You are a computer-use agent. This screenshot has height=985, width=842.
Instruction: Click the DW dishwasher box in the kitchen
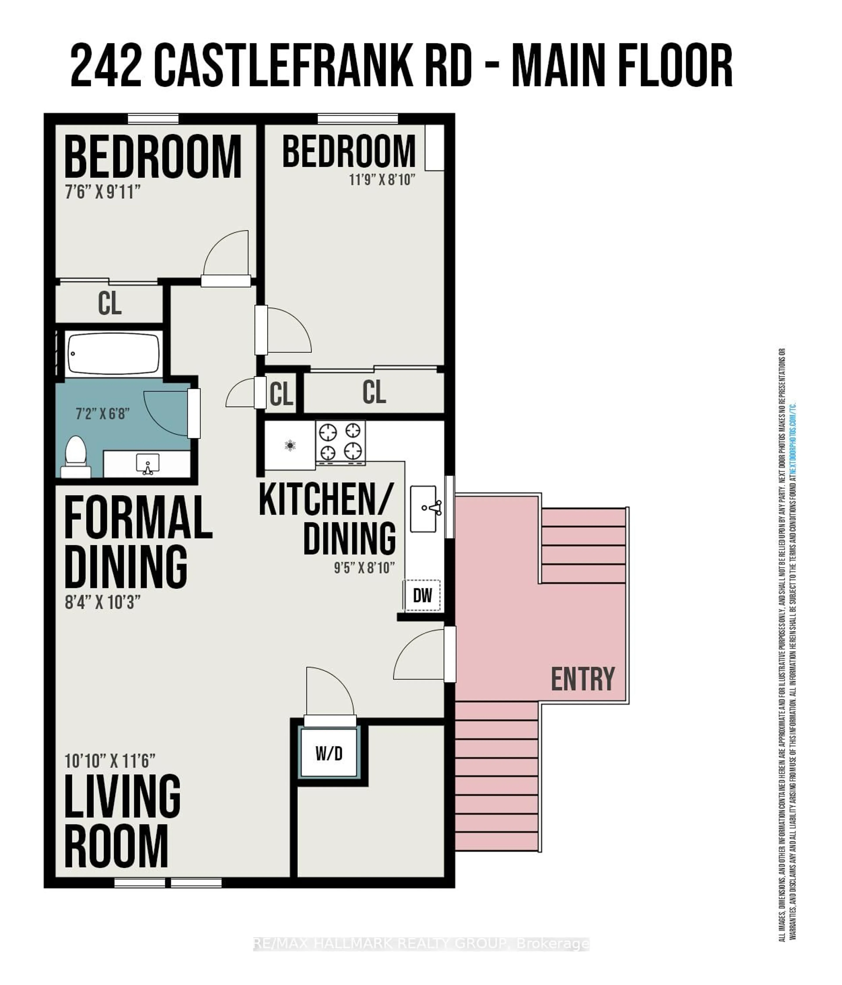422,595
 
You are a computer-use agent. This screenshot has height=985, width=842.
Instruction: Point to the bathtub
113,354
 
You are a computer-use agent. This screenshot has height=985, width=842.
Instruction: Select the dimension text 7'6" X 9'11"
102,192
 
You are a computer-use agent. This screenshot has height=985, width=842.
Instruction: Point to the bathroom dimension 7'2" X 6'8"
102,414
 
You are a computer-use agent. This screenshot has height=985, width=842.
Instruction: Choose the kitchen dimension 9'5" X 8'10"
364,568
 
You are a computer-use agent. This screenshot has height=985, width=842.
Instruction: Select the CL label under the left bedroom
110,303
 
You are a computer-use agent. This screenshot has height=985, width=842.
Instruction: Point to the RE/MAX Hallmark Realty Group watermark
421,944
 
